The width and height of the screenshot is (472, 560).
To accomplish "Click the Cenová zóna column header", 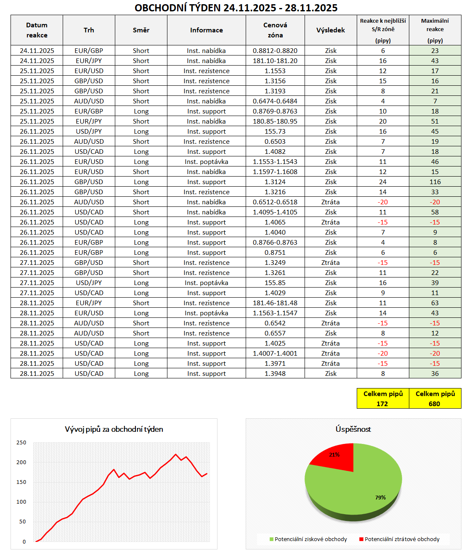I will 275,30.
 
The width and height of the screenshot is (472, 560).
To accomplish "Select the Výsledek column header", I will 331,30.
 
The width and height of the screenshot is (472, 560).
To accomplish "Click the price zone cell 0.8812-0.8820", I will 275,51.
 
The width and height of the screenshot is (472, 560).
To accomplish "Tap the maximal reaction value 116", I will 435,182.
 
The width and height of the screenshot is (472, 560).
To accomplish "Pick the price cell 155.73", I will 275,132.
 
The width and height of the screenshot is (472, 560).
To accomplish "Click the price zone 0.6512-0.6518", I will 275,202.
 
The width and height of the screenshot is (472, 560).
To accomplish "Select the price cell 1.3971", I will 275,364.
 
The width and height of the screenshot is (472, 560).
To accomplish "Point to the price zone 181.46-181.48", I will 275,303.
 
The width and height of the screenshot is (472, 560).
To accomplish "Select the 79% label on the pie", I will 380,497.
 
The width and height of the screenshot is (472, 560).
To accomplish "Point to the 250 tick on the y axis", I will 21,442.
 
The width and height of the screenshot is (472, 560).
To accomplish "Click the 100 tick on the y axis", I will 21,502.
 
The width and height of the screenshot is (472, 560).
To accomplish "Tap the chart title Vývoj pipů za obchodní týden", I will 114,429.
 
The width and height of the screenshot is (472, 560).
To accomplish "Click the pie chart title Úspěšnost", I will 353,429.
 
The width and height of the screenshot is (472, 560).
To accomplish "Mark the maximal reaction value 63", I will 435,303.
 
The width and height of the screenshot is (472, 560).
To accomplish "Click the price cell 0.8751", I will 275,253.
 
